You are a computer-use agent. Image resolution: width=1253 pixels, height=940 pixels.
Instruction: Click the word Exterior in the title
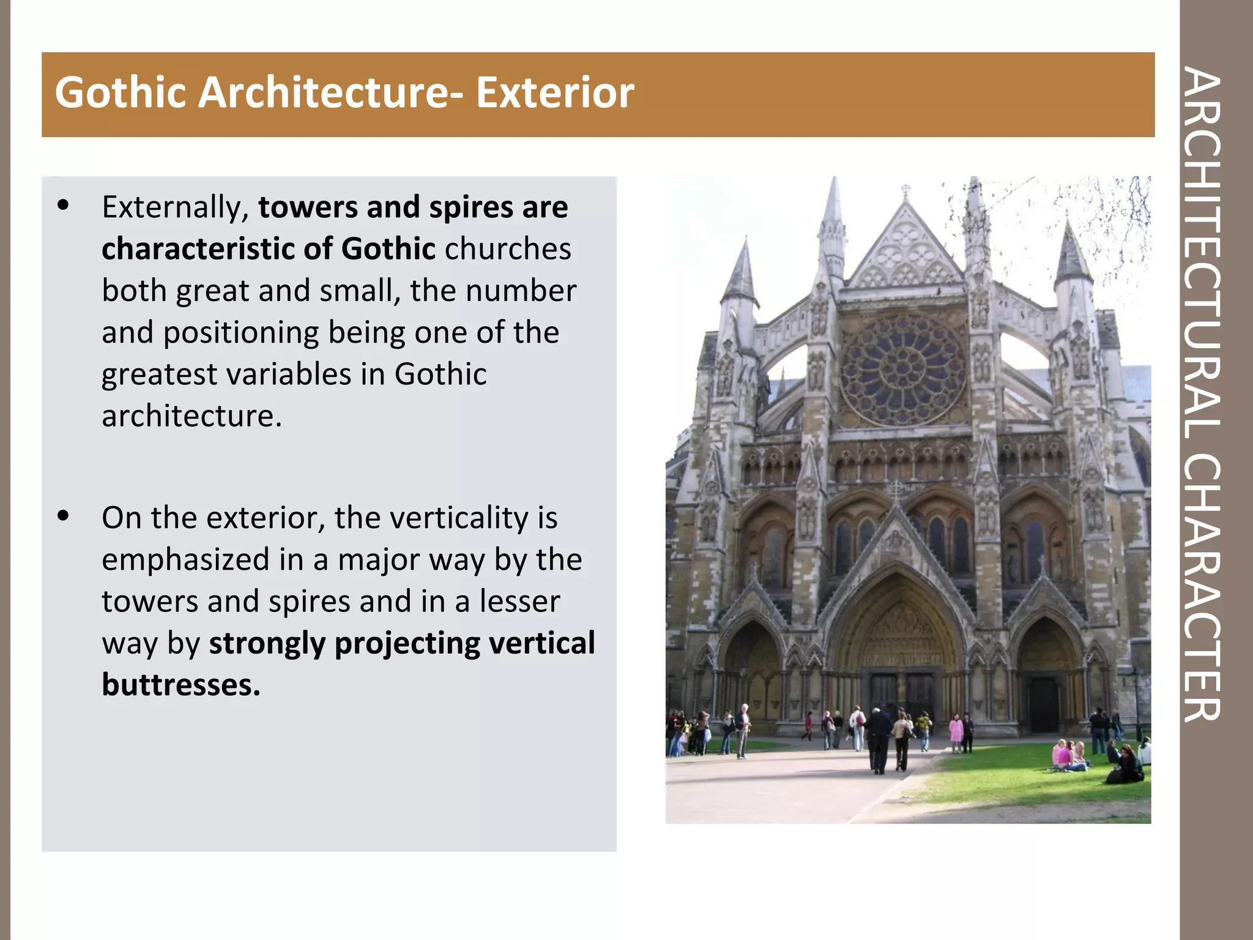pos(554,93)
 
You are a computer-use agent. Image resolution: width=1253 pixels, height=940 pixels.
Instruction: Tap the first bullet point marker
pos(63,206)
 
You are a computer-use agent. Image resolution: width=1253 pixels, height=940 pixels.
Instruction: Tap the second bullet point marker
pos(63,517)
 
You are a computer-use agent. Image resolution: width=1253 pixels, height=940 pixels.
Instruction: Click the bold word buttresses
pos(180,685)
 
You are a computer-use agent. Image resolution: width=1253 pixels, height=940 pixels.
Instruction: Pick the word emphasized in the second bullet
pos(185,560)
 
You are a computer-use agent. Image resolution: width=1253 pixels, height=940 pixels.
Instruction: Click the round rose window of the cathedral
pos(902,369)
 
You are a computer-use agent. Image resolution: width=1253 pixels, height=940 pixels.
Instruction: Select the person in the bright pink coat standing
pos(955,732)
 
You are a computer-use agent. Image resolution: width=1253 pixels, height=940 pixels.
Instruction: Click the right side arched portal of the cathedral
pos(1044,673)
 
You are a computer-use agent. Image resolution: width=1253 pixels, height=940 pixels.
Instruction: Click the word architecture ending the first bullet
pos(191,417)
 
